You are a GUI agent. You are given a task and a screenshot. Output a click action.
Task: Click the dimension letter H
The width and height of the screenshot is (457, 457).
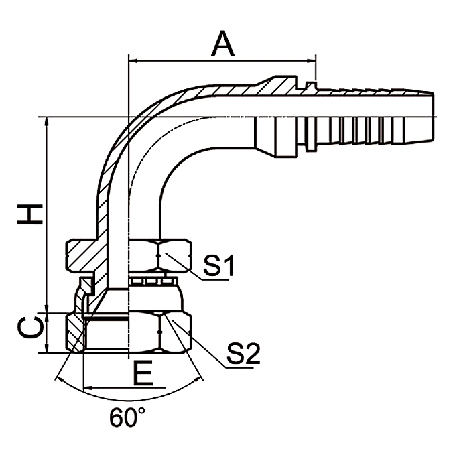pyautogui.click(x=29, y=214)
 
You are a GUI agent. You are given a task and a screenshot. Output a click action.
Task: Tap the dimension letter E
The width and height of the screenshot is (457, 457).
pyautogui.click(x=141, y=373)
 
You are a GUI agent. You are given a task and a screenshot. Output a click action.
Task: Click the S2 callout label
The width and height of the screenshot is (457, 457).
pyautogui.click(x=243, y=353)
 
